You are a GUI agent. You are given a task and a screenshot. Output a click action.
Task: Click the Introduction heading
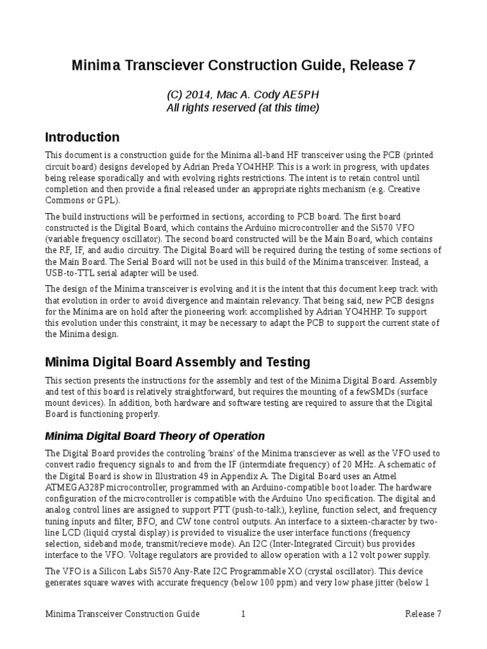[x=82, y=137]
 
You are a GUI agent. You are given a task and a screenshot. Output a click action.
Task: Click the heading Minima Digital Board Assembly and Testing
[x=178, y=362]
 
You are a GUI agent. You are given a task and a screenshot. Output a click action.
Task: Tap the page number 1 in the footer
[x=243, y=614]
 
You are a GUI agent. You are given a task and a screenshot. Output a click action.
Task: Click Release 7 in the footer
[x=423, y=614]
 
